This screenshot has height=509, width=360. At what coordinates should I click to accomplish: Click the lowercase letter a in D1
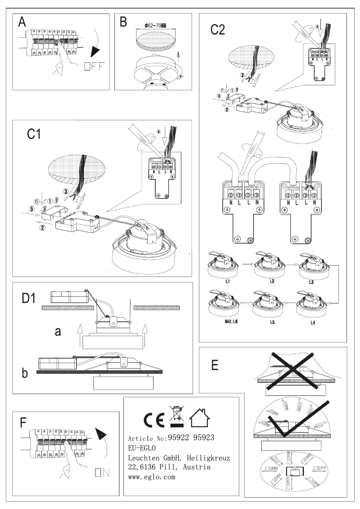(57, 332)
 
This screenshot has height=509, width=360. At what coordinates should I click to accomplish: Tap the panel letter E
(215, 364)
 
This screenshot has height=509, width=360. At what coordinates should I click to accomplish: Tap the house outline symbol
(199, 419)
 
